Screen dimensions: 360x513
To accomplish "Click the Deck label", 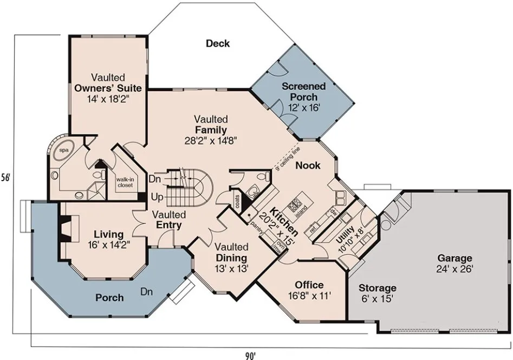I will pyautogui.click(x=218, y=43).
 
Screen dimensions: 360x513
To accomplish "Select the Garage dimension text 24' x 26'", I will pyautogui.click(x=455, y=269).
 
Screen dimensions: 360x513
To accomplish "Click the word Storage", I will pyautogui.click(x=378, y=287).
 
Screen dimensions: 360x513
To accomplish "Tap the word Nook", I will pyautogui.click(x=308, y=165).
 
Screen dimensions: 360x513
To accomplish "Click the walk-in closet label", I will pyautogui.click(x=125, y=182).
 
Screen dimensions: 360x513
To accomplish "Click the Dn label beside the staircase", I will pyautogui.click(x=154, y=178).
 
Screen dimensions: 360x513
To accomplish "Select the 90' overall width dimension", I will pyautogui.click(x=249, y=356).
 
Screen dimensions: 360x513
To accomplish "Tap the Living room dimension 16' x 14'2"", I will pyautogui.click(x=108, y=244).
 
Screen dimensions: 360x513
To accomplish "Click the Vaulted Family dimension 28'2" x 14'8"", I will pyautogui.click(x=211, y=140).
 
